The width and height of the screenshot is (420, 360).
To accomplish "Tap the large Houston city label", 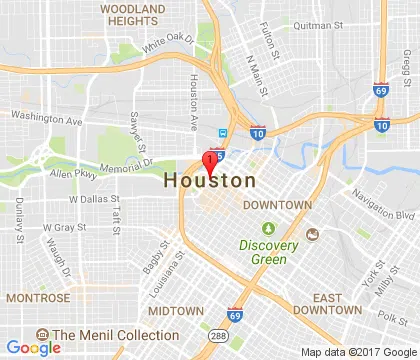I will (209, 181).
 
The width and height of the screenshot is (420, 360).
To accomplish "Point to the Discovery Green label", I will (262, 252).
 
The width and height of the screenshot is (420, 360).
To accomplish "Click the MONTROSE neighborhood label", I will (38, 298).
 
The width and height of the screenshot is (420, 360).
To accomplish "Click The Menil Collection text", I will (115, 336).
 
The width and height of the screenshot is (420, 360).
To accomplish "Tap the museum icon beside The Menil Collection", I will (42, 336).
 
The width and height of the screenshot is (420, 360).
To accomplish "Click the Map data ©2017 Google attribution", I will (357, 352).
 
